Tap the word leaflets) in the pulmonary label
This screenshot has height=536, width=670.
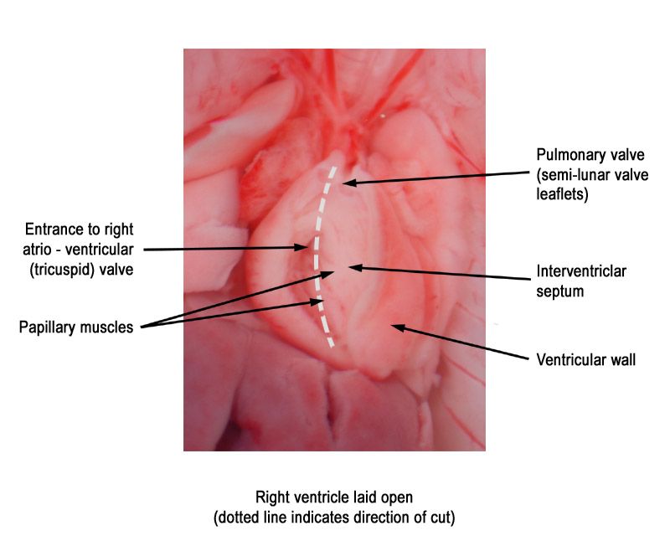562,194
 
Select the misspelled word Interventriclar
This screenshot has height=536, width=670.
581,271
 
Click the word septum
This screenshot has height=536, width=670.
559,291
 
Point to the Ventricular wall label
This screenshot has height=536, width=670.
585,359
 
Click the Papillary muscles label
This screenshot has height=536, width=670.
76,327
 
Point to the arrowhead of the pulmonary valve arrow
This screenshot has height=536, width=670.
348,183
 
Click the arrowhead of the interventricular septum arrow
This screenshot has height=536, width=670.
354,268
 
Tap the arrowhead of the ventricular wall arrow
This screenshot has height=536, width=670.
397,327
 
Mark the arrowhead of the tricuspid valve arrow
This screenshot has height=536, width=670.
302,248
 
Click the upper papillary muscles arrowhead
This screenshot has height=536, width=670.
328,274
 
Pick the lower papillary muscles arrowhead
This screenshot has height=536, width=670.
317,302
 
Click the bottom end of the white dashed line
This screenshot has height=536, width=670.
332,345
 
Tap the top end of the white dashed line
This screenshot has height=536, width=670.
333,167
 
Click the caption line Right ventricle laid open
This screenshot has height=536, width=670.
334,497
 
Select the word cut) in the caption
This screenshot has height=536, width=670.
442,518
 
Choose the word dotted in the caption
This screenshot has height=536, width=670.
237,518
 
